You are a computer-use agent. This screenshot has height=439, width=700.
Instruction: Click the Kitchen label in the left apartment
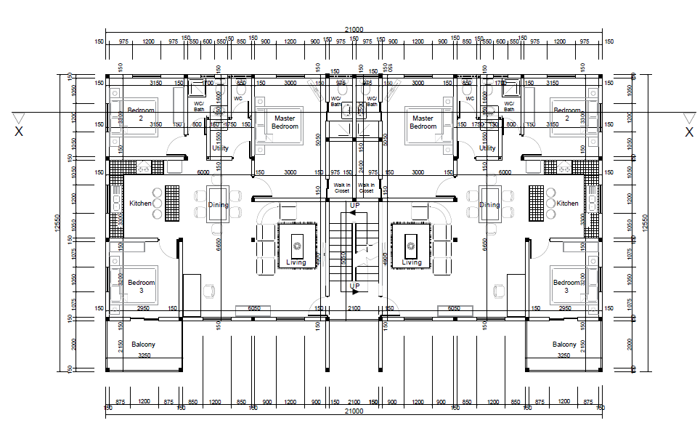(140, 204)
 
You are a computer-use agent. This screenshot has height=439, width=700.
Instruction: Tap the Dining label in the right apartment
(489, 205)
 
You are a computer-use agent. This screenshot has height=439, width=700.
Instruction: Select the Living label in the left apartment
(296, 262)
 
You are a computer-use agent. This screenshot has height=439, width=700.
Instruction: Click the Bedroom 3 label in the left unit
(141, 286)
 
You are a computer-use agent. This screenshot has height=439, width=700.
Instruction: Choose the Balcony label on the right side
(564, 345)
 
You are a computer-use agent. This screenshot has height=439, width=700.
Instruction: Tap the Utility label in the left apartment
(220, 148)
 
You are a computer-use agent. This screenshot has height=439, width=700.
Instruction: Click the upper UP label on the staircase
(354, 206)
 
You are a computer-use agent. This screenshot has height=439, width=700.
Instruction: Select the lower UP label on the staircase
(354, 286)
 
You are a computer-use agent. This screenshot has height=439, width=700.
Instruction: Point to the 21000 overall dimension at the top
(354, 30)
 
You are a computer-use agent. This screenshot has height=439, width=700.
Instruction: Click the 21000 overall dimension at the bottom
(354, 411)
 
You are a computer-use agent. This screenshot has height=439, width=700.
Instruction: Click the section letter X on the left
(19, 132)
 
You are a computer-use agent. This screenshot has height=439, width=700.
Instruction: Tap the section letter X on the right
(688, 132)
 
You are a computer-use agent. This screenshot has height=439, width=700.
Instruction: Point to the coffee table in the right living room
(411, 244)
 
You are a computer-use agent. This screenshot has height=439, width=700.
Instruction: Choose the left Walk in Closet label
(341, 188)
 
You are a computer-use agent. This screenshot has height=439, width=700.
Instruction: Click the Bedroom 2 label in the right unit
(566, 115)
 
